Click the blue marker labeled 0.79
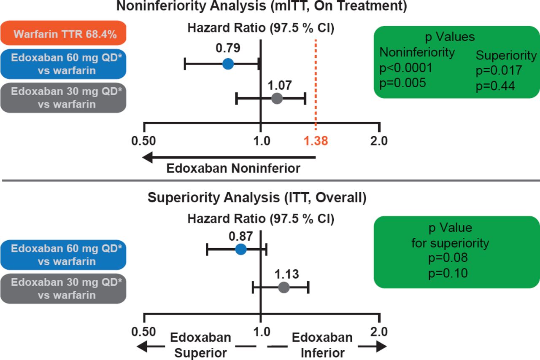click(228, 64)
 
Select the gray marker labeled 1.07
click(277, 99)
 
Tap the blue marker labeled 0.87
click(240, 249)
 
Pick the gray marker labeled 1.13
click(283, 288)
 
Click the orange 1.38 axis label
click(316, 141)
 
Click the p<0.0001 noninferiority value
click(406, 68)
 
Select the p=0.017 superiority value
click(499, 70)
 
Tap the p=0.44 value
click(495, 86)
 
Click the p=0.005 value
click(402, 83)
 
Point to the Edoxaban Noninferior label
click(233, 169)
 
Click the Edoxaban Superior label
click(200, 345)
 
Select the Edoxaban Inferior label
click(322, 345)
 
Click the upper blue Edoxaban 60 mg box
click(63, 64)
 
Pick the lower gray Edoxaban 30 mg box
click(63, 288)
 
